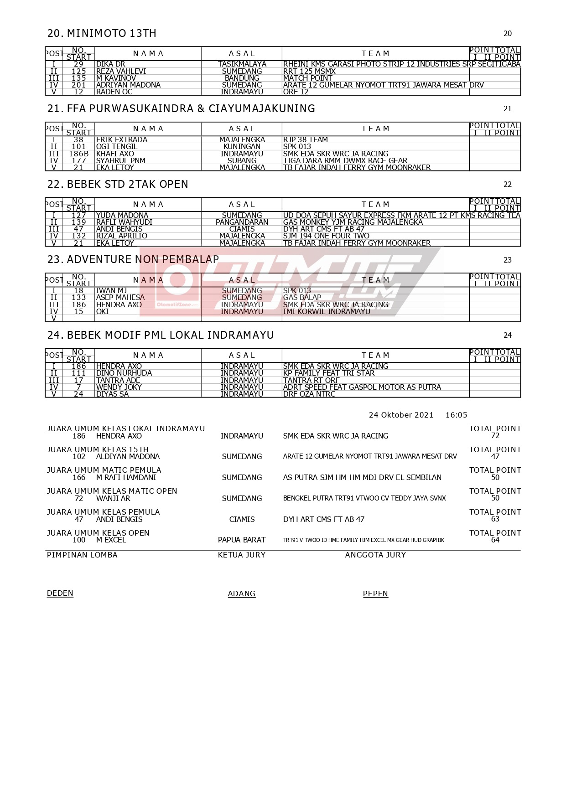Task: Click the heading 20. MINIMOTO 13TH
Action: (102, 33)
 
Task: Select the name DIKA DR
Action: (110, 64)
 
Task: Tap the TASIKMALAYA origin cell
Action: (242, 64)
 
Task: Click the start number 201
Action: (78, 85)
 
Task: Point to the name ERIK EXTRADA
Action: (122, 140)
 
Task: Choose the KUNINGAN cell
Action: (242, 147)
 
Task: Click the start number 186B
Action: (78, 154)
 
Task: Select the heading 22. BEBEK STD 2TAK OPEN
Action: (118, 184)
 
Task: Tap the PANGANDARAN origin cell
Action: (242, 222)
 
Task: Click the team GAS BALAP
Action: (302, 298)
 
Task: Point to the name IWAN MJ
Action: (111, 291)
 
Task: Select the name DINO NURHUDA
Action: (124, 373)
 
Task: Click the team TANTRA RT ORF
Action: (311, 381)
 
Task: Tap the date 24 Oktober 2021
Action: (401, 415)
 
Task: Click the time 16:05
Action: (456, 415)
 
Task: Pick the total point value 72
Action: (495, 436)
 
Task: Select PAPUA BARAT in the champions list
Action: (242, 540)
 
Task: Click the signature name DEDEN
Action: (60, 594)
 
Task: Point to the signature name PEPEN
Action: (375, 594)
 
